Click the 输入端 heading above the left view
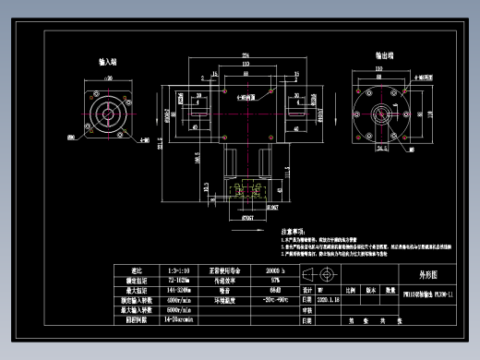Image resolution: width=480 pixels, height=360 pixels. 107,63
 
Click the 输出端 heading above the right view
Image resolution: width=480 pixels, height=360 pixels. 385,56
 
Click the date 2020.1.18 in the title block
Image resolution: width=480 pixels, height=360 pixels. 329,300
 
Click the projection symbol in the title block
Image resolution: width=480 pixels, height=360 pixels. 327,275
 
